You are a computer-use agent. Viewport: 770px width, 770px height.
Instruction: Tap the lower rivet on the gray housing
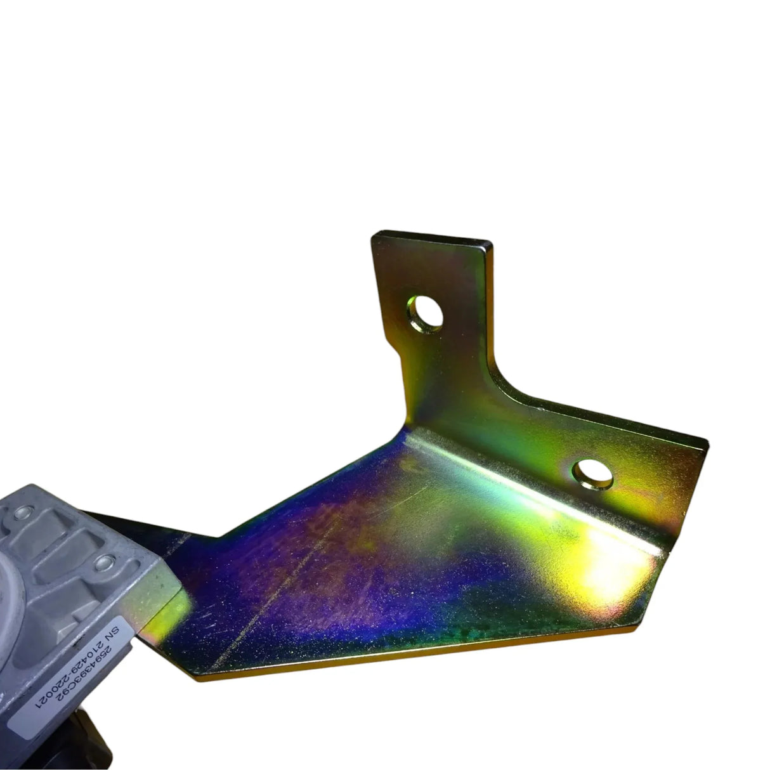click(103, 560)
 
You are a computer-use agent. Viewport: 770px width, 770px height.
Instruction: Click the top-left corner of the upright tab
click(373, 234)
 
